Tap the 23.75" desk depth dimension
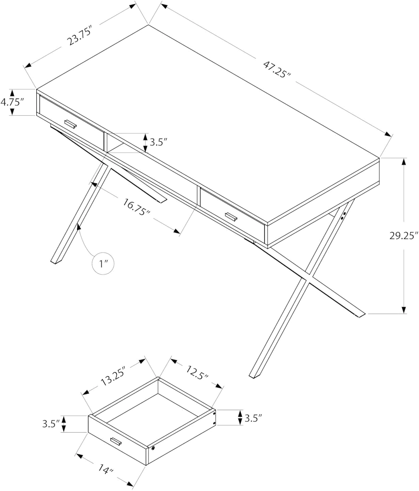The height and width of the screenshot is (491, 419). pyautogui.click(x=79, y=36)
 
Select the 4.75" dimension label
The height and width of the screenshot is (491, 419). pyautogui.click(x=12, y=102)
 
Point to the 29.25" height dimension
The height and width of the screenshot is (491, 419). pyautogui.click(x=404, y=235)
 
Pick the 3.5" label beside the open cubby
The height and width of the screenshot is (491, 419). pyautogui.click(x=158, y=142)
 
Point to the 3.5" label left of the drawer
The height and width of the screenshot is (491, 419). pyautogui.click(x=51, y=424)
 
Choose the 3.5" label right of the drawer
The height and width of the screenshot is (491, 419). pyautogui.click(x=253, y=418)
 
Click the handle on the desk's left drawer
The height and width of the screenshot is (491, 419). pyautogui.click(x=70, y=124)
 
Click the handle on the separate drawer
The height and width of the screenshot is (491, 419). pyautogui.click(x=116, y=441)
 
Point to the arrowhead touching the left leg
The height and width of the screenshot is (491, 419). pyautogui.click(x=79, y=227)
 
